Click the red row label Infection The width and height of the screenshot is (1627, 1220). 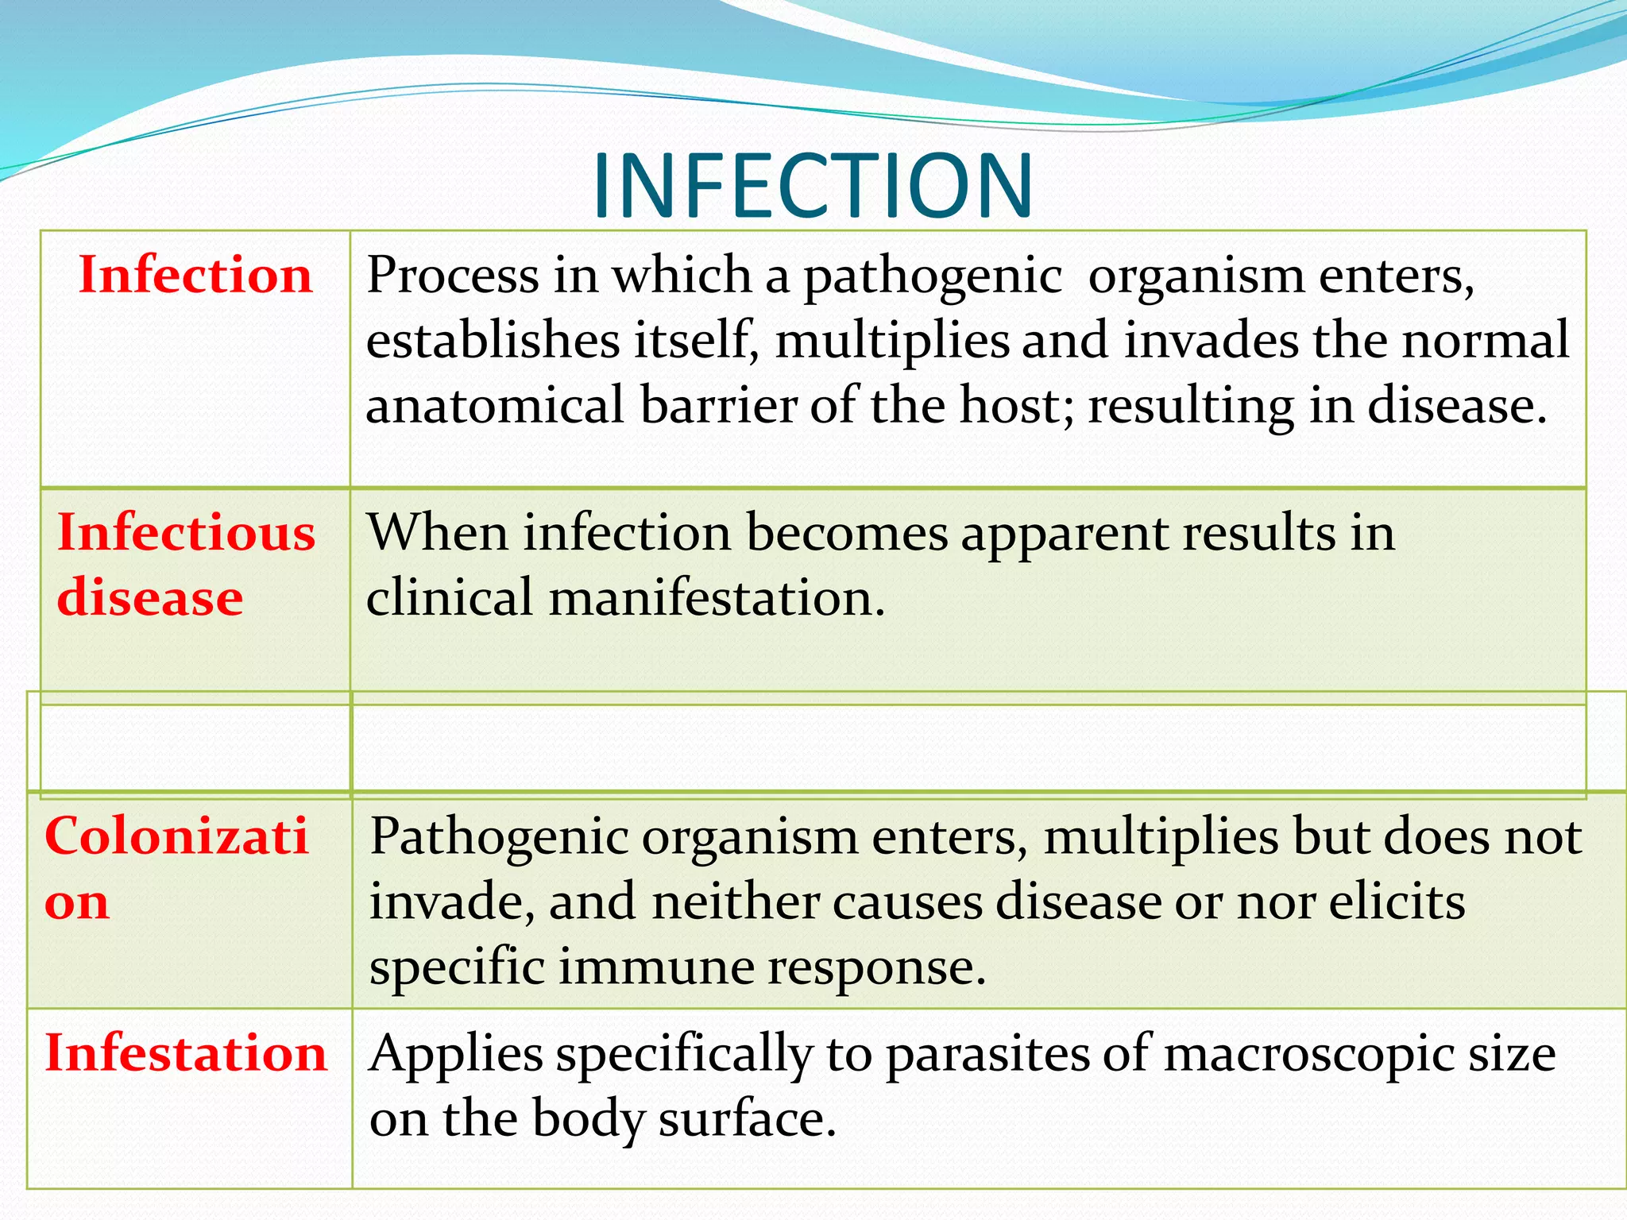tap(195, 276)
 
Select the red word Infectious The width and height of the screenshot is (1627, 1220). tap(186, 532)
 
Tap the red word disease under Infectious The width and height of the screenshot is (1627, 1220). tap(150, 597)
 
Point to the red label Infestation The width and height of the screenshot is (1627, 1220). tap(186, 1053)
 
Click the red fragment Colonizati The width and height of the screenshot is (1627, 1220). tap(176, 836)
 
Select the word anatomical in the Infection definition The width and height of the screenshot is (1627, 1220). tap(495, 405)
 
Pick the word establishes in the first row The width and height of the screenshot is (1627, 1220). tap(493, 341)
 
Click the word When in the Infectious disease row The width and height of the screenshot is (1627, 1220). tap(436, 532)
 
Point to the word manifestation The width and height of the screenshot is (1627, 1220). tap(717, 597)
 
